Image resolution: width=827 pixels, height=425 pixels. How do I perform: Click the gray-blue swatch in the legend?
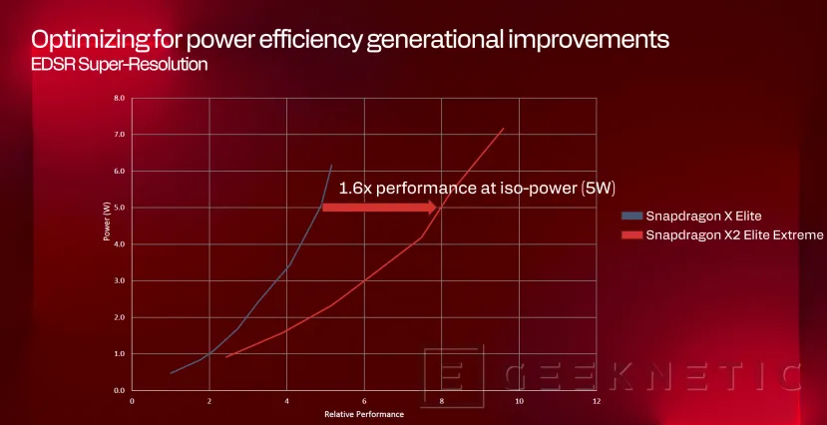click(x=631, y=215)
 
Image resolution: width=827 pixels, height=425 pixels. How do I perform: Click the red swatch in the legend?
click(x=631, y=235)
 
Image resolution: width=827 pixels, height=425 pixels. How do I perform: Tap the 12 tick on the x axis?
click(x=596, y=401)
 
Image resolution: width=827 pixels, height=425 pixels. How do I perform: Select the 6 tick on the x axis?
click(x=364, y=401)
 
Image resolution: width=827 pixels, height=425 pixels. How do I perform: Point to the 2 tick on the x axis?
click(x=209, y=401)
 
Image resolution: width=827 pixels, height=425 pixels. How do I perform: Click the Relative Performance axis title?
click(x=364, y=413)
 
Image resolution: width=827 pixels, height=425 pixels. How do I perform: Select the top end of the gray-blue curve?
click(x=332, y=166)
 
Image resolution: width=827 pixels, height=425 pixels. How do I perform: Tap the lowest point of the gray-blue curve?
click(x=171, y=373)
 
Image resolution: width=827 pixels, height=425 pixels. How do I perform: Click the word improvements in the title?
click(x=584, y=41)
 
